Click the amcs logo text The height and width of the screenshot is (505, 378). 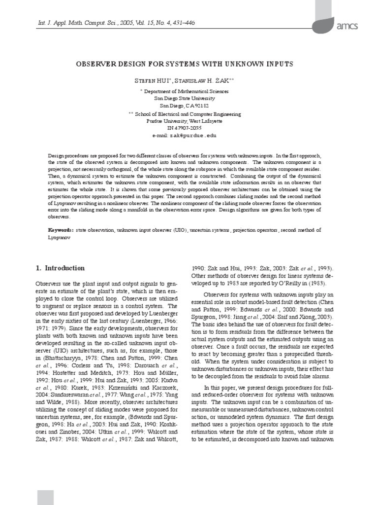coord(347,26)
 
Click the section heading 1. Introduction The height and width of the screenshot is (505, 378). coord(60,268)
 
